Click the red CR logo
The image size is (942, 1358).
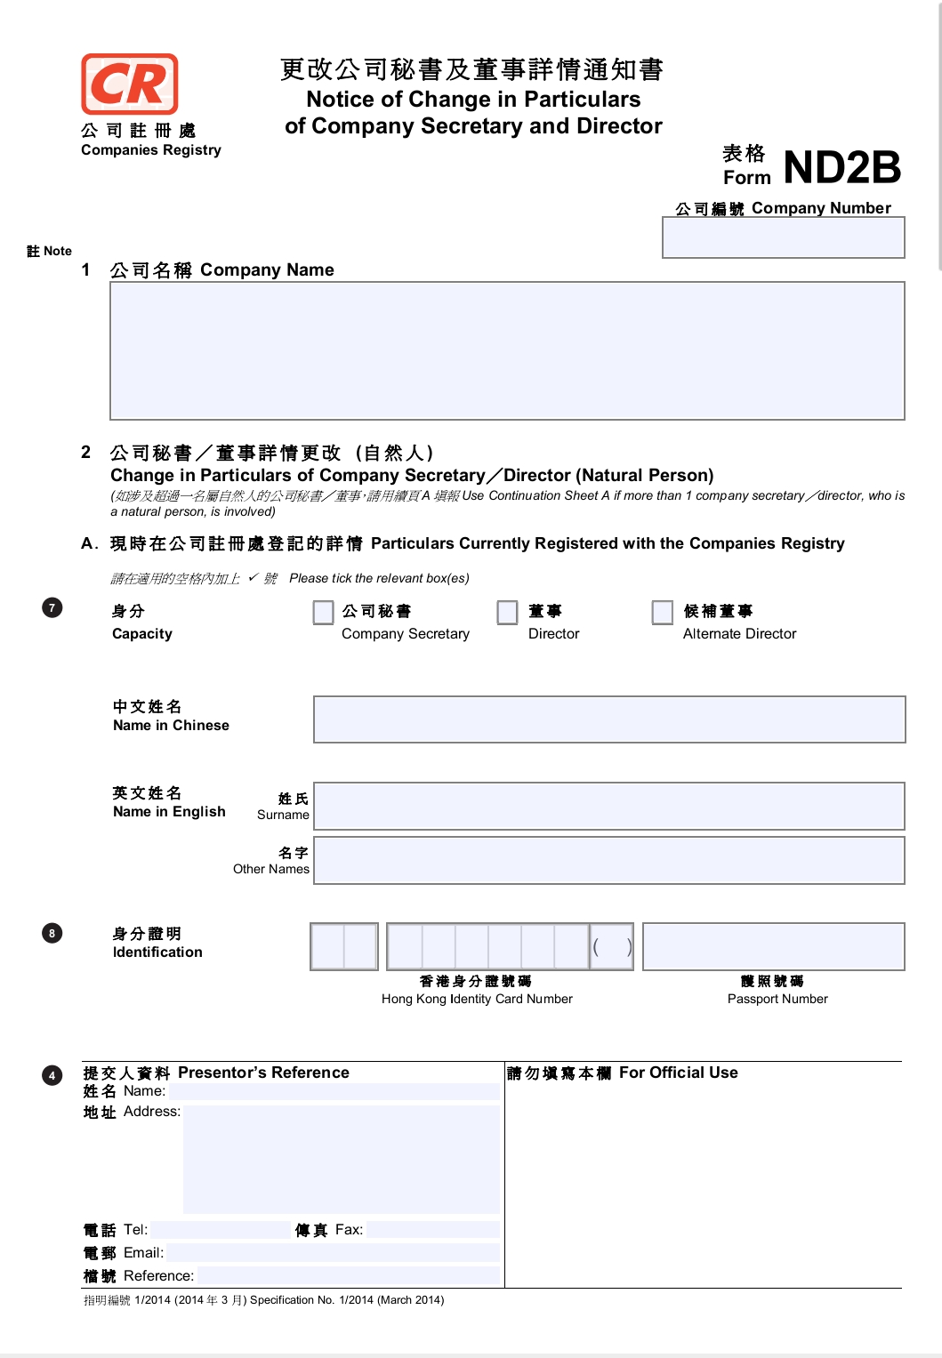point(130,84)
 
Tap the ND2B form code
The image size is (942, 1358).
point(841,167)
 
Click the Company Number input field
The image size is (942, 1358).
point(783,237)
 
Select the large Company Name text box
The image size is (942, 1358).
point(507,350)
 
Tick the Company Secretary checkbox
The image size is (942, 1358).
point(323,612)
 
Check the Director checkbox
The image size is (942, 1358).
point(507,612)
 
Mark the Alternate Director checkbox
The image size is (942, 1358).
point(662,612)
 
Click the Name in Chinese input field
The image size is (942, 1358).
point(609,719)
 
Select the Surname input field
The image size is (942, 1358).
point(609,806)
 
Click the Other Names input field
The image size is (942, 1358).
point(609,860)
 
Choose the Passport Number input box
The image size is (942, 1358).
point(773,946)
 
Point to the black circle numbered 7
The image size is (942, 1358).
point(52,607)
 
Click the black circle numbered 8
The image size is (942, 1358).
point(52,933)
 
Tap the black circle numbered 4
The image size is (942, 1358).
point(52,1075)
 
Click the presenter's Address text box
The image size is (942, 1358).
point(341,1159)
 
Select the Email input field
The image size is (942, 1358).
point(332,1253)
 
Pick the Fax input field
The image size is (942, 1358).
point(432,1230)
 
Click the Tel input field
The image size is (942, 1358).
point(220,1230)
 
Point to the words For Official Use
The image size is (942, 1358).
point(678,1073)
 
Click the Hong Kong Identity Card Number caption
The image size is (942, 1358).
point(477,999)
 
